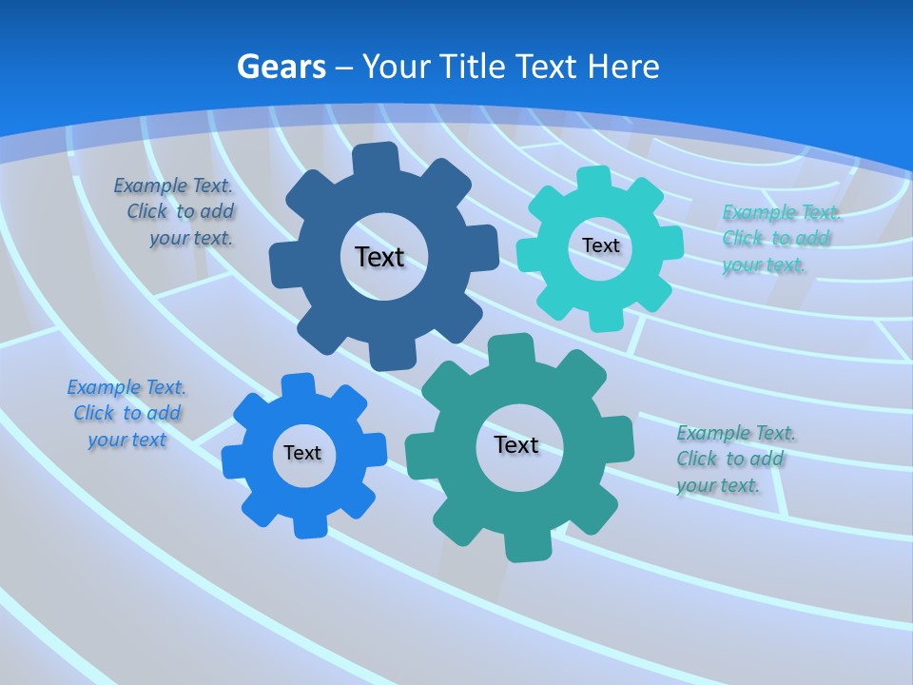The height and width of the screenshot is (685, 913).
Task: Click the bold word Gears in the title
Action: pyautogui.click(x=281, y=67)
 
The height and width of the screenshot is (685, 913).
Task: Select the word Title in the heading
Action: pyautogui.click(x=473, y=67)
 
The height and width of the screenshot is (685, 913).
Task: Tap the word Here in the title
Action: pyautogui.click(x=623, y=67)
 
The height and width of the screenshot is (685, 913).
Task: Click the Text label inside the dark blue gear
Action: pyautogui.click(x=379, y=257)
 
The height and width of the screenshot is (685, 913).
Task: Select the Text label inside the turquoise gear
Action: pyautogui.click(x=600, y=245)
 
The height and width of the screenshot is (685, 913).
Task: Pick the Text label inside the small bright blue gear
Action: pyautogui.click(x=302, y=453)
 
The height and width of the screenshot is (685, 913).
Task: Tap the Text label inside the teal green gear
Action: pyautogui.click(x=516, y=444)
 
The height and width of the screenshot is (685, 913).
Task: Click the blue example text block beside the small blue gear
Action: pyautogui.click(x=126, y=413)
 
